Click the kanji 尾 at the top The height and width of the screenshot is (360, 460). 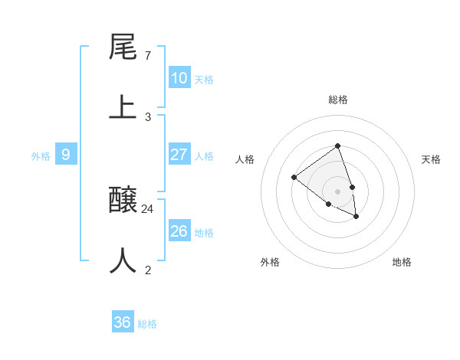coord(123,47)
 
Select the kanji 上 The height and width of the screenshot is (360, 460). coord(123,106)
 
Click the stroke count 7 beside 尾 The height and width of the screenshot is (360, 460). coord(147,56)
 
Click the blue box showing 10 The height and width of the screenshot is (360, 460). coord(179,78)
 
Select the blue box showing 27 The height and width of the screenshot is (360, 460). coord(179,155)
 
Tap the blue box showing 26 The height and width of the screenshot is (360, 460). coord(179,231)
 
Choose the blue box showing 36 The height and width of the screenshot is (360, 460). coord(123,322)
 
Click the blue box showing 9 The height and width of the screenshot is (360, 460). coord(66,155)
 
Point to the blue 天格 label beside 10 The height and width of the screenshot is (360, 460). coord(204,80)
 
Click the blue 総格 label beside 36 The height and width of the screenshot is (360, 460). coord(147,324)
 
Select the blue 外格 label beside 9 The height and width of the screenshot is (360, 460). coord(41,156)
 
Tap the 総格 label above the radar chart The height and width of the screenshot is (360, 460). coord(338,100)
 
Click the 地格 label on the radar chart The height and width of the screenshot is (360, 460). coord(402,262)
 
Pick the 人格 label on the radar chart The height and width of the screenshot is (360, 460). coord(245,159)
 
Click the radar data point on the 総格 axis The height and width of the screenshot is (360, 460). coord(337,146)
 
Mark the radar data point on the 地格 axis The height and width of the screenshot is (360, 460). coord(356,217)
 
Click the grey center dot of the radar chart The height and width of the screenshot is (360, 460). coord(337,191)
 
